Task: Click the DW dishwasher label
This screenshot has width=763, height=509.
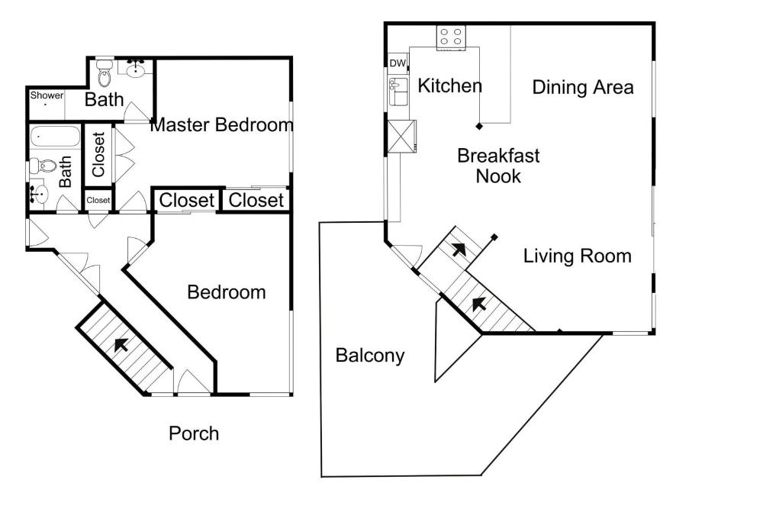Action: click(x=398, y=63)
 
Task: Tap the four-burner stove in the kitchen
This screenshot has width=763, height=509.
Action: click(x=451, y=37)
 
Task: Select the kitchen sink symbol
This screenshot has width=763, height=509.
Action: click(x=398, y=92)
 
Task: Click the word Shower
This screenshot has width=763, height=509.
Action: click(x=47, y=95)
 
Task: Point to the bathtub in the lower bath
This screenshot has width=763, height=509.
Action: click(x=55, y=137)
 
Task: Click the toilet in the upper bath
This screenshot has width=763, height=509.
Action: click(x=104, y=73)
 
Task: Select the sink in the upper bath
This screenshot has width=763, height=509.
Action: click(x=136, y=69)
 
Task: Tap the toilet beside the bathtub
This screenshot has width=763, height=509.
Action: click(x=43, y=166)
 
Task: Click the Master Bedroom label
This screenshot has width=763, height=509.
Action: click(x=222, y=124)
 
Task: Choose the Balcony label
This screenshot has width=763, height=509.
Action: click(x=370, y=356)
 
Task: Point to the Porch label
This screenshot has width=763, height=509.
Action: click(x=194, y=433)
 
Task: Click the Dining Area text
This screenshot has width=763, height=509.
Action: click(x=583, y=87)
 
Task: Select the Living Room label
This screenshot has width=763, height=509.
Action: click(x=577, y=256)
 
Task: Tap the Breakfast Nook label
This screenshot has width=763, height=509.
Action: click(x=498, y=166)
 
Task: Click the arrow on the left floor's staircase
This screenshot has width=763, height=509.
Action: click(x=121, y=344)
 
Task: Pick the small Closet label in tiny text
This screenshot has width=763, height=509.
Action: click(x=98, y=200)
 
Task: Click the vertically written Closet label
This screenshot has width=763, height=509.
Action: click(x=98, y=154)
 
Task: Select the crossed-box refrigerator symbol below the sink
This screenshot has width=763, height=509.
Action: click(x=402, y=137)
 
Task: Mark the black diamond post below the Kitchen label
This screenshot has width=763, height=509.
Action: click(x=479, y=126)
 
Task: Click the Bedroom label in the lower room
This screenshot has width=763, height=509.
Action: click(x=227, y=292)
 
